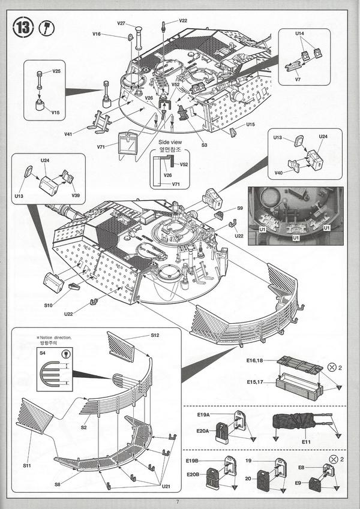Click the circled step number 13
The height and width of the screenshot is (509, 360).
22,28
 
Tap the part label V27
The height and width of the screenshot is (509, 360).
121,23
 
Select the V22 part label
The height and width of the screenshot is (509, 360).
182,20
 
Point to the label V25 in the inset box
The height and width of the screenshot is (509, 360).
56,71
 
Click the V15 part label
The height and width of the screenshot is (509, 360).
55,112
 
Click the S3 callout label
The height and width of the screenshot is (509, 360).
204,145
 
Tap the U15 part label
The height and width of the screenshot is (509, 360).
251,125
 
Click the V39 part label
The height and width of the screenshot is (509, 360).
76,195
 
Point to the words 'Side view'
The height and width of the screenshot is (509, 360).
169,142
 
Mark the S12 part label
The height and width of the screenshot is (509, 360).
155,335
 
